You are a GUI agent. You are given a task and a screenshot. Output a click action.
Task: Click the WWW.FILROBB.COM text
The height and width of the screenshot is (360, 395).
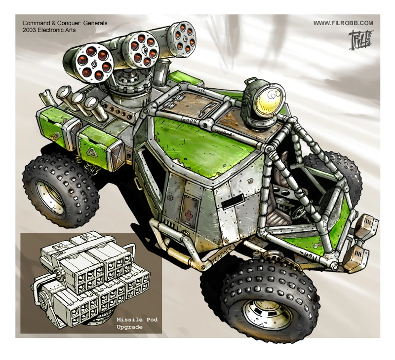click(343, 23)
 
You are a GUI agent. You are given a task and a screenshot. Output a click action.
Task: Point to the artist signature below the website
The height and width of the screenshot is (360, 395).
click(360, 39)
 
